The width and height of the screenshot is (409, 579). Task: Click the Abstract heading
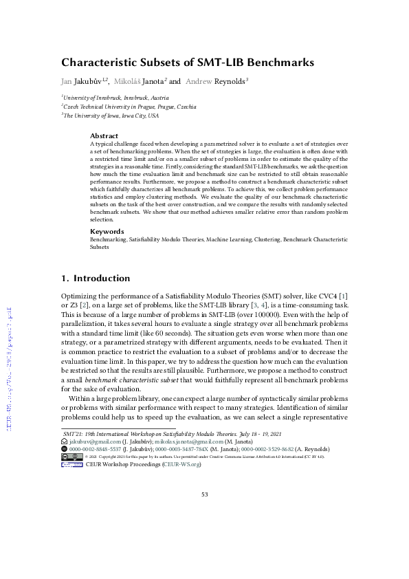(x=104, y=136)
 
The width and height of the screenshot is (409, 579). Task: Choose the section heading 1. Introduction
(x=96, y=278)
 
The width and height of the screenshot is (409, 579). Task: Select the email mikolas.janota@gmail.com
(x=185, y=441)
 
